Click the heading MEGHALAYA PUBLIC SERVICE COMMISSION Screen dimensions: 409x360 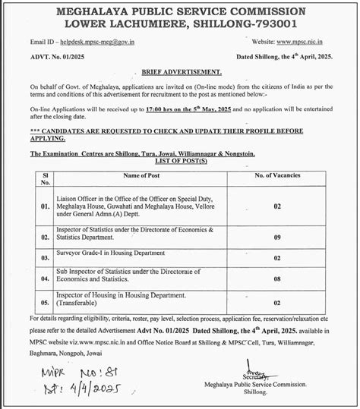coord(179,12)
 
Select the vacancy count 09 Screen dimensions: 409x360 coord(277,238)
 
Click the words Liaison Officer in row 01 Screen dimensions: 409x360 coord(79,197)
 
